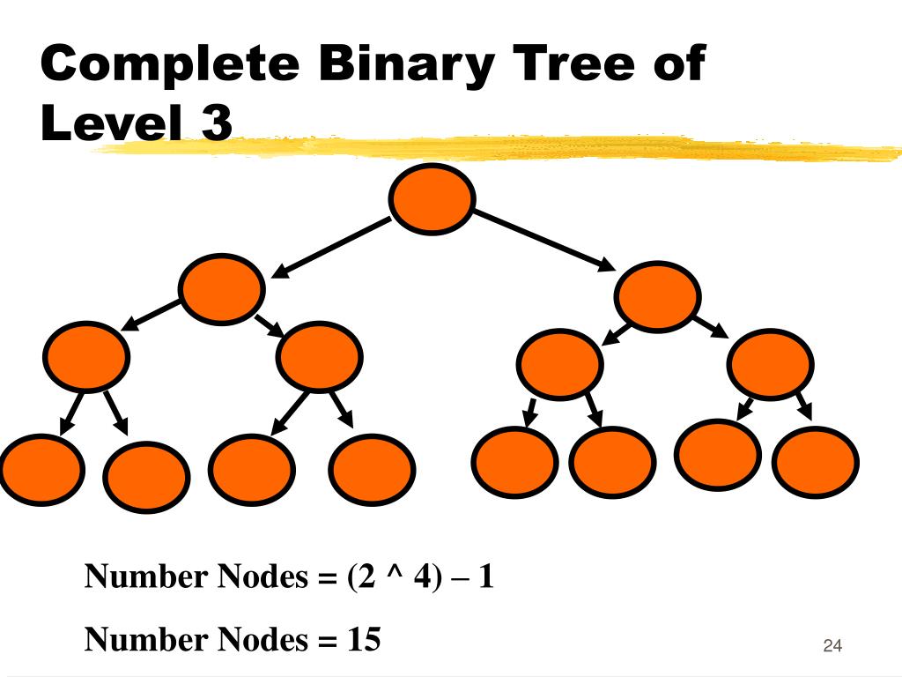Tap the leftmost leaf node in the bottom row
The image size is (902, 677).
(x=41, y=469)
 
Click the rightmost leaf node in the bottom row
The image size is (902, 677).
(x=815, y=462)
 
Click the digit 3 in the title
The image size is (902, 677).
(x=217, y=123)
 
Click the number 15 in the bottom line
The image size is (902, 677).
(x=363, y=639)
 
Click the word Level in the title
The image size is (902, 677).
(x=113, y=123)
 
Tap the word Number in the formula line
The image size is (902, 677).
(x=145, y=578)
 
